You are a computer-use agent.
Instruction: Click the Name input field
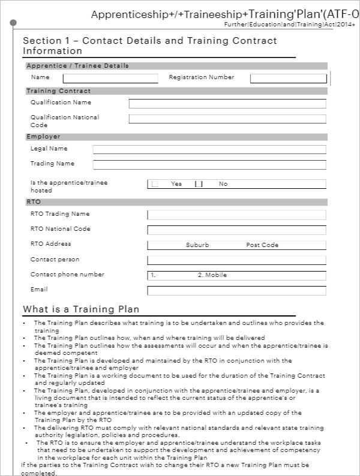(110, 78)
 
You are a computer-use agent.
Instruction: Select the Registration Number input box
(288, 78)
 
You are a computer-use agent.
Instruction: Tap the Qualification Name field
(227, 104)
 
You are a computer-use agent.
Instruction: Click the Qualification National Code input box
(227, 119)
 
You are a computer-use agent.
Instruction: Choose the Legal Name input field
(209, 149)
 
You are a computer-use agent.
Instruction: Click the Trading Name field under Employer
(209, 164)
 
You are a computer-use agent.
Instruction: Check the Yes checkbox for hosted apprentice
(155, 184)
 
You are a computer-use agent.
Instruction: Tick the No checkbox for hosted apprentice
(199, 184)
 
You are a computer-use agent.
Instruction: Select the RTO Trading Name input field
(236, 215)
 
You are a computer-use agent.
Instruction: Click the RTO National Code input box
(236, 230)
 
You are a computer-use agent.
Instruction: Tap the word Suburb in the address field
(197, 245)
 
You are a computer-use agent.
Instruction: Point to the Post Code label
(262, 245)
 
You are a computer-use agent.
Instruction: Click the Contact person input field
(236, 260)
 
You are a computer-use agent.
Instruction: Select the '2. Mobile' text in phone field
(212, 275)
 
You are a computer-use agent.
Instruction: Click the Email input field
(236, 290)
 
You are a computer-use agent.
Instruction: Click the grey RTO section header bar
(176, 202)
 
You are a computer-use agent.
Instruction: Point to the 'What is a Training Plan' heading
(81, 309)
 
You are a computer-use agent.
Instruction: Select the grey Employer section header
(176, 137)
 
